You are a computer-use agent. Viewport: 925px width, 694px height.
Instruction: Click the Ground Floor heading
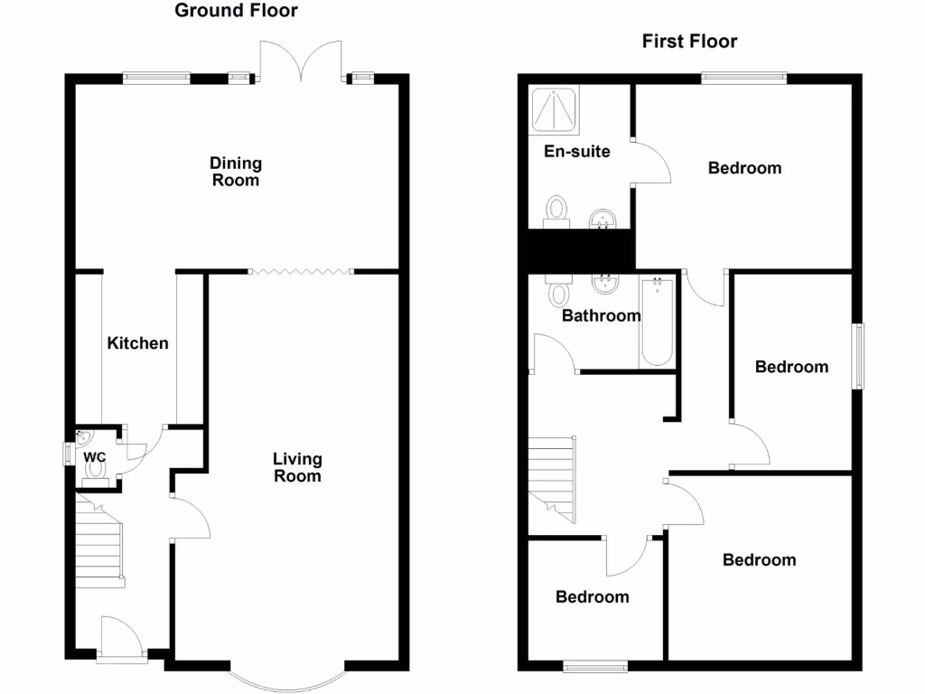[x=236, y=11]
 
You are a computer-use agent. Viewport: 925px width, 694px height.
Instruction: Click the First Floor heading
[x=689, y=41]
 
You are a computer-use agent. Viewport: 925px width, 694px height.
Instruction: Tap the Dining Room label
[x=236, y=171]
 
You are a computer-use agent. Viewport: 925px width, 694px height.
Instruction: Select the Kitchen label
[x=138, y=343]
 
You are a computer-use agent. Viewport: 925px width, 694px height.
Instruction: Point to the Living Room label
[x=297, y=467]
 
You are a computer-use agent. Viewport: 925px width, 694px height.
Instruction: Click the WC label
[x=95, y=457]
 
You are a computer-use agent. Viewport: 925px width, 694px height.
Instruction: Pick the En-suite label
[x=576, y=151]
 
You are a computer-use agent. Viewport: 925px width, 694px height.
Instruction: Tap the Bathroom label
[x=601, y=315]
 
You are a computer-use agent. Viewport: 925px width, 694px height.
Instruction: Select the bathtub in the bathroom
[x=657, y=323]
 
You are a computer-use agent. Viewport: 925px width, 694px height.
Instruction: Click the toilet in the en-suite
[x=556, y=210]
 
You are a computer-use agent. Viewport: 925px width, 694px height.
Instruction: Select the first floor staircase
[x=552, y=477]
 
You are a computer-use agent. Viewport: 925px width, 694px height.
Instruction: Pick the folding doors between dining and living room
[x=300, y=270]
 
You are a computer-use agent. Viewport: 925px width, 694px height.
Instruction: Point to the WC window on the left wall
[x=67, y=454]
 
